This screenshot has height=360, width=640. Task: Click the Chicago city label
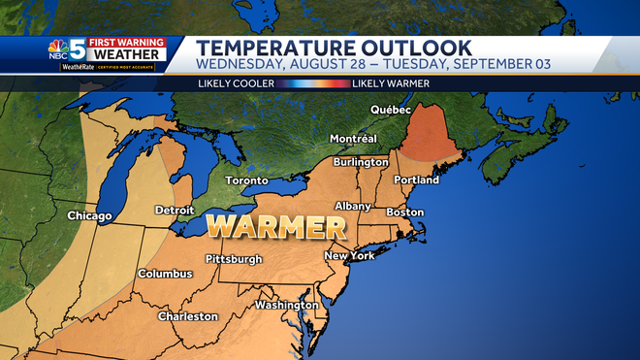tap(89, 215)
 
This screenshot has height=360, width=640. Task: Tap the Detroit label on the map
tap(175, 210)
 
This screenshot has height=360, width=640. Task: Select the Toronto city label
tap(246, 180)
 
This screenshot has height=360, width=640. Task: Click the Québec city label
tap(394, 110)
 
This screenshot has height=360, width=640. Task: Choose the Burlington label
tap(360, 162)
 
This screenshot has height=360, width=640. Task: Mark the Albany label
tap(353, 207)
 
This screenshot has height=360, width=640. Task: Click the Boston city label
tap(405, 213)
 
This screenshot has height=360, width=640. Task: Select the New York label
tap(349, 256)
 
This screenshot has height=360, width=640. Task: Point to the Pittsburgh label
tap(234, 259)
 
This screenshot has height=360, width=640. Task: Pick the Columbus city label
tap(165, 274)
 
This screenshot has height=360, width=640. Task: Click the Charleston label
tap(188, 316)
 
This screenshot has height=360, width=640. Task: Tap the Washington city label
tap(286, 305)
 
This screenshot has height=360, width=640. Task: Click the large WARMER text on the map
tap(277, 229)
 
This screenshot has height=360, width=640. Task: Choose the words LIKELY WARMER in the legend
tap(390, 83)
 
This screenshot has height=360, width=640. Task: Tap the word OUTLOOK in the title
tap(409, 48)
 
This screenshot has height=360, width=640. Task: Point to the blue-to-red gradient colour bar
tap(308, 83)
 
